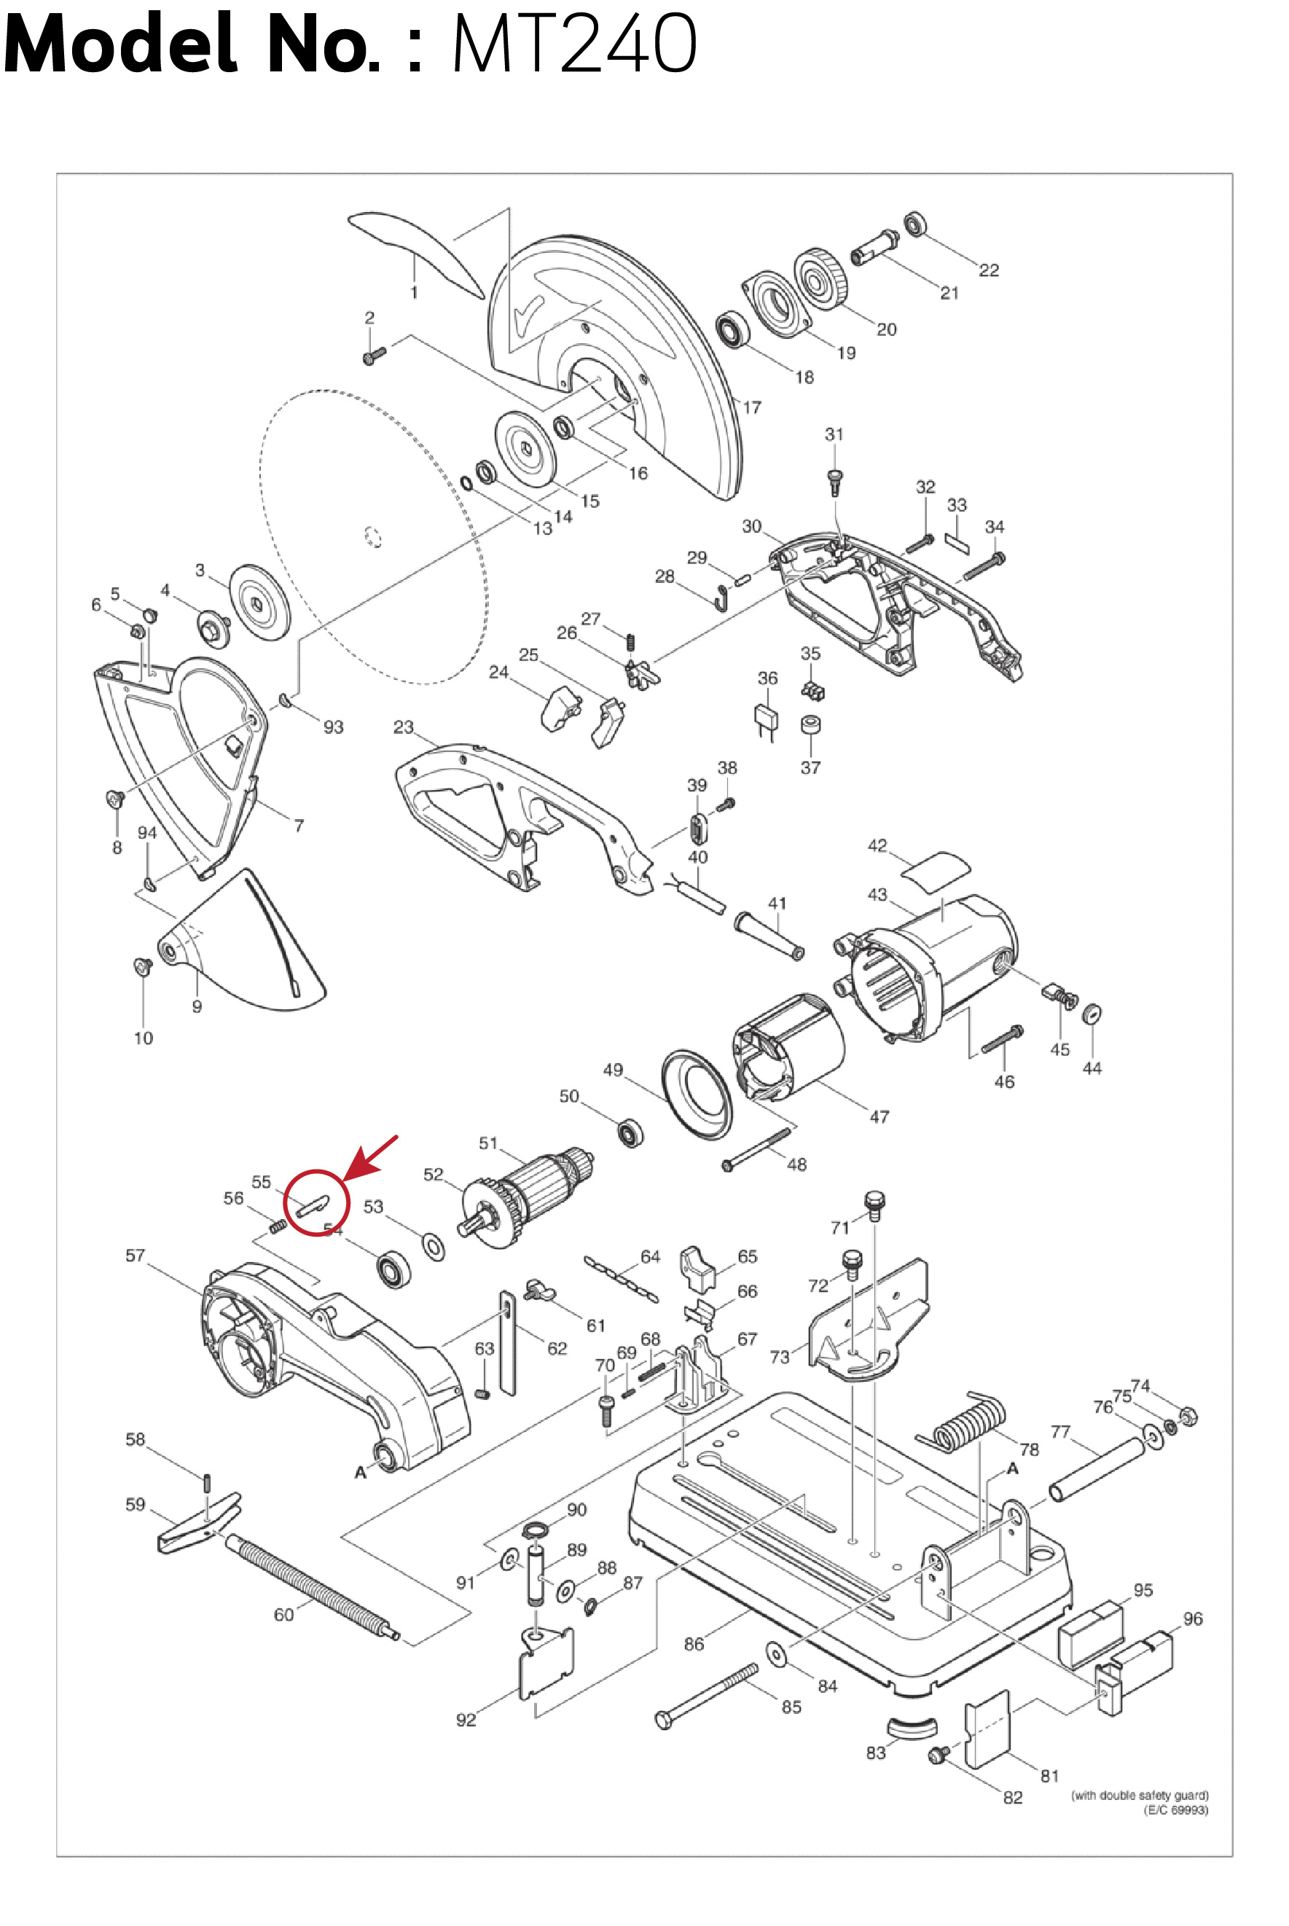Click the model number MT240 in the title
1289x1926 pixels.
click(x=573, y=43)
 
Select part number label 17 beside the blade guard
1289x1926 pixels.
click(x=751, y=407)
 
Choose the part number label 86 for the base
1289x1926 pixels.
click(x=694, y=1643)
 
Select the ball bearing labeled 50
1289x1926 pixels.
click(x=630, y=1132)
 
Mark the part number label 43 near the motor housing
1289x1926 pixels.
click(x=877, y=894)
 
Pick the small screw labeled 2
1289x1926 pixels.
click(x=373, y=356)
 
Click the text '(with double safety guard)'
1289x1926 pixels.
click(x=1140, y=1796)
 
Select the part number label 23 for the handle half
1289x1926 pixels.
click(x=403, y=727)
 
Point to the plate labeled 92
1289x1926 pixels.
click(x=546, y=1664)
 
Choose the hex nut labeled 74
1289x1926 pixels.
click(x=1188, y=1417)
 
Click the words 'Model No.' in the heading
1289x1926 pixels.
click(x=191, y=43)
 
